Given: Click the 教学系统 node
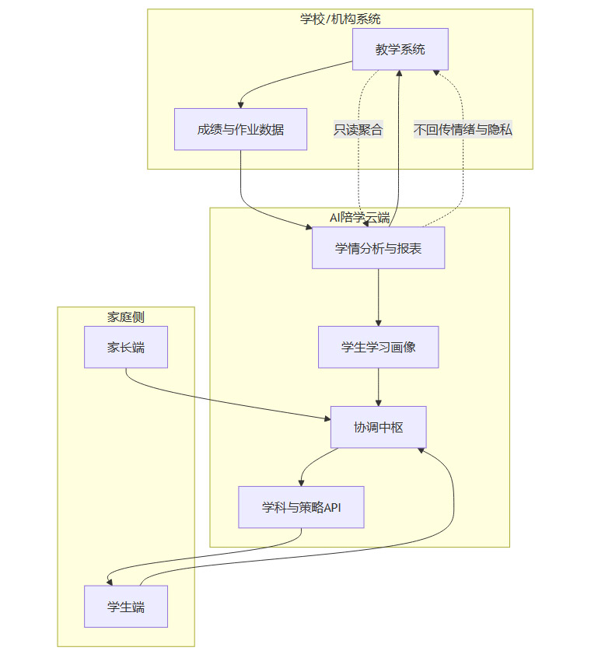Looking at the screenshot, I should point(400,50).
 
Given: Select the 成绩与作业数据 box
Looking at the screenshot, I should point(240,129).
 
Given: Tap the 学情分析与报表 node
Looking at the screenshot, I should point(378,248).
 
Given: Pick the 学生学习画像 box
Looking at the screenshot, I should point(378,347).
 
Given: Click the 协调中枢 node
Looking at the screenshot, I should point(378,427).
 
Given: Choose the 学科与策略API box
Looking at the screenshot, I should point(301,507).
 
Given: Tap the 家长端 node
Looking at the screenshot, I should point(126,347).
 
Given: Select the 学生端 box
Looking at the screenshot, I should point(126,607).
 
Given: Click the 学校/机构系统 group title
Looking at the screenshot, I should point(340,19).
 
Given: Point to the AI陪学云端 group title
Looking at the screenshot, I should point(359,217).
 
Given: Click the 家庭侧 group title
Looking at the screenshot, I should point(126,317).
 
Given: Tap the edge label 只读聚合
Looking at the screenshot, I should point(358,130).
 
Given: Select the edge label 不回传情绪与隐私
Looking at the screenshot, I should point(463,130).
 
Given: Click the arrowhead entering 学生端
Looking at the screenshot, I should point(110,582).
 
